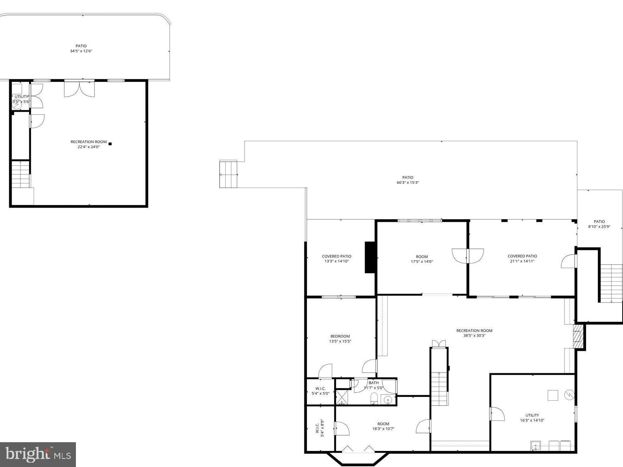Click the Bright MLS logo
38,454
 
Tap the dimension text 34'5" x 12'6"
81,51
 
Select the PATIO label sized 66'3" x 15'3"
408,177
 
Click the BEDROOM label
340,336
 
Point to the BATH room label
373,383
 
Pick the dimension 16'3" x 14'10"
532,420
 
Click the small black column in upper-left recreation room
110,144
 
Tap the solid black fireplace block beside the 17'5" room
370,257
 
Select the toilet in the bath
374,398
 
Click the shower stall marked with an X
342,397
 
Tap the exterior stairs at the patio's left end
228,174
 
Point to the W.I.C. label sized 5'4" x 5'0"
320,391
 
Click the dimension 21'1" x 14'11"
522,261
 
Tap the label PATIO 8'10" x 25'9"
599,224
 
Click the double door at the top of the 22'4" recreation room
79,89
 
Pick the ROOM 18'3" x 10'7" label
383,427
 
